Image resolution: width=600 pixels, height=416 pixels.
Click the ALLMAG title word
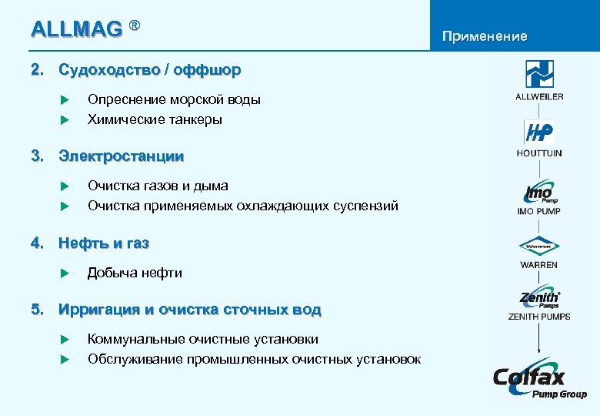pos(76,30)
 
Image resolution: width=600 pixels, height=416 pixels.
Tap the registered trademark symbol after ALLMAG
pos(134,27)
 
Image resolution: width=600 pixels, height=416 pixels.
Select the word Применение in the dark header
pos(484,36)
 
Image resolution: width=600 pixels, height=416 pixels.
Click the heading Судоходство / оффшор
pos(149,70)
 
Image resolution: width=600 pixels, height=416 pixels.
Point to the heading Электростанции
pos(122,156)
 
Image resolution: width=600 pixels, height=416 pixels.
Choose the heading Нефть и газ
pos(104,243)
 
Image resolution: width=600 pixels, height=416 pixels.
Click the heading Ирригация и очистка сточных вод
pos(190,310)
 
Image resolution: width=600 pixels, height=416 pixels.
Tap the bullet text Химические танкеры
pos(155,119)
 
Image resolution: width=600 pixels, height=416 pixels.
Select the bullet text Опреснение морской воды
pos(174,100)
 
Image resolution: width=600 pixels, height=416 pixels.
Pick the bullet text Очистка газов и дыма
pos(158,186)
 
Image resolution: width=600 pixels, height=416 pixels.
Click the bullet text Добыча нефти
pos(135,273)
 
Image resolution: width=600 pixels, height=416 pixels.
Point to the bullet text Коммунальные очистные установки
pos(203,340)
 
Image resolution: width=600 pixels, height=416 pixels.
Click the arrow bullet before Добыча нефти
pos(65,273)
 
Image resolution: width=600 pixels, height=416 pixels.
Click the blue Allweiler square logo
pos(539,74)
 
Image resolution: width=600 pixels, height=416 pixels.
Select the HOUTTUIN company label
pos(539,153)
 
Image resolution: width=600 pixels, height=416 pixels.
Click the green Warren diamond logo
pos(539,247)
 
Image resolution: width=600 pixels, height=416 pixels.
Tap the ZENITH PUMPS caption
pos(539,317)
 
